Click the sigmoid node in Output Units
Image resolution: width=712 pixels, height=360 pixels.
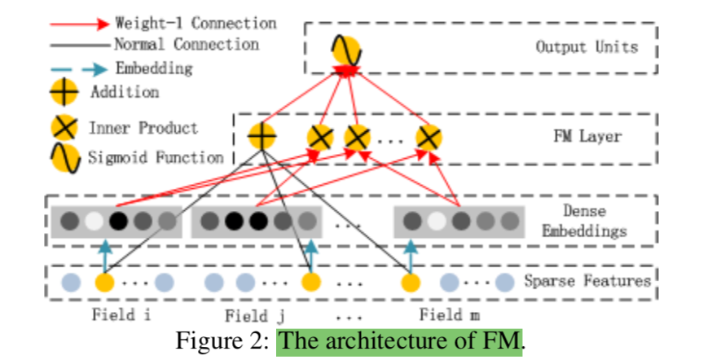coord(346,51)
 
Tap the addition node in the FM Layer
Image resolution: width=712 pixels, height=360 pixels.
coord(262,136)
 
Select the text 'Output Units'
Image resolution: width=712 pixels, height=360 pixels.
coord(587,46)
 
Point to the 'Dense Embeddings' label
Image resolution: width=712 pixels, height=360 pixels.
coord(585,221)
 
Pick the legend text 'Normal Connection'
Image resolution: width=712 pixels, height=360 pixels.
coord(187,44)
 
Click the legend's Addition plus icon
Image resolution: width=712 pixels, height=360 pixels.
coord(65,92)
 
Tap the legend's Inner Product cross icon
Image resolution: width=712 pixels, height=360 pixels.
coord(65,128)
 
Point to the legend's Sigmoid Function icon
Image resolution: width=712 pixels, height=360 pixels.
coord(65,157)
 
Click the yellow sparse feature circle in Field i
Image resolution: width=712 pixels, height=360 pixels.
coord(104,283)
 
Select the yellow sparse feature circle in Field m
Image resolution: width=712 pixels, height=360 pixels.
coord(411,283)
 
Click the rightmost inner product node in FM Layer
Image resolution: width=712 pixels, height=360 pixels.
coord(429,138)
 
